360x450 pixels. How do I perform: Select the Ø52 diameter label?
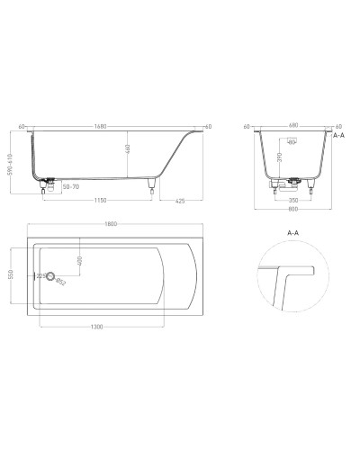coord(60,283)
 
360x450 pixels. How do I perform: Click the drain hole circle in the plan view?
coord(51,277)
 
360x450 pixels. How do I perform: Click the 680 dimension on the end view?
coord(293,126)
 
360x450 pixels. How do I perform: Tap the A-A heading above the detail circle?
coord(293,232)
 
